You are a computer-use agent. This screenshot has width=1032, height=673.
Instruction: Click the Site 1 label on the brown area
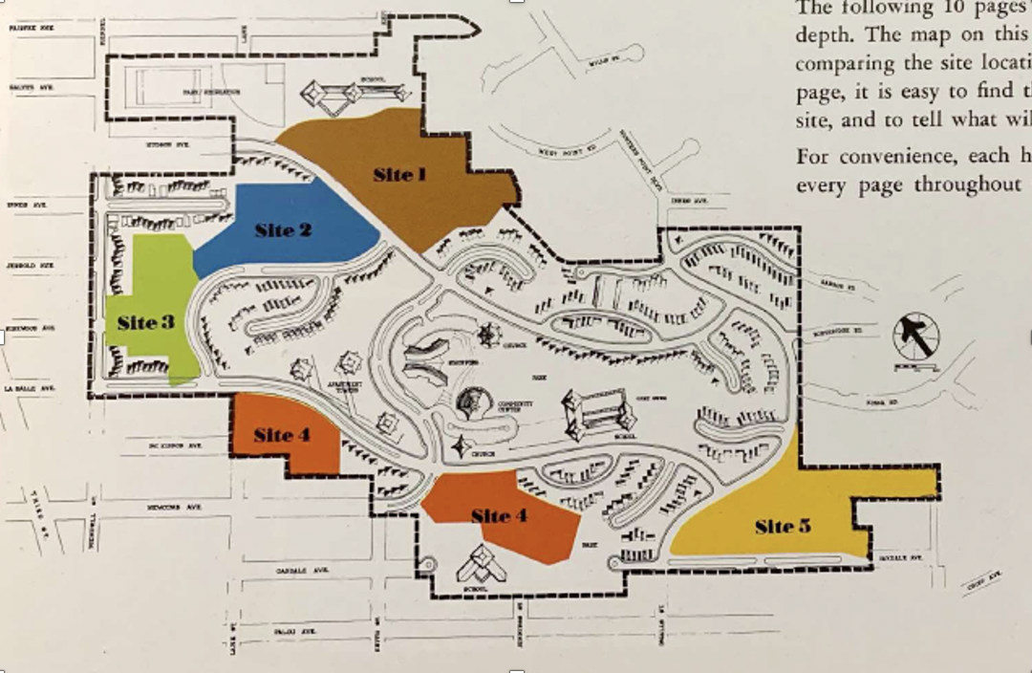[399, 174]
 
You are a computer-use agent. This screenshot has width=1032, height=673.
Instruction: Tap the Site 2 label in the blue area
[283, 229]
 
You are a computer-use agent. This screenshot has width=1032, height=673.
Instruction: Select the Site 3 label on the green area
[145, 322]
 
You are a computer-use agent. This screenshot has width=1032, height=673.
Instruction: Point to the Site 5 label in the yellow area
[783, 526]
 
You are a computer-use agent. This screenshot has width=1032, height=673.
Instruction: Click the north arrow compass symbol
[915, 337]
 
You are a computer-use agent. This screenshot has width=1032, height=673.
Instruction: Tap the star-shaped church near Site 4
[462, 446]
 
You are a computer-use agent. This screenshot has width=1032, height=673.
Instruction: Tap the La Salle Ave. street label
[30, 389]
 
